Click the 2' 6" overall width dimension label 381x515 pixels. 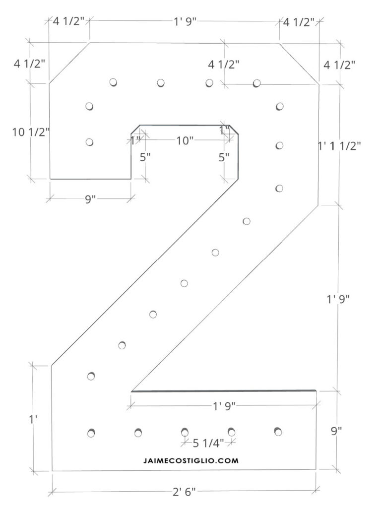[185, 492]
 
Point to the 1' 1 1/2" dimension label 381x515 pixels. [340, 145]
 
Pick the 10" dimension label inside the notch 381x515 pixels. [185, 140]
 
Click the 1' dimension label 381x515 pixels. [33, 419]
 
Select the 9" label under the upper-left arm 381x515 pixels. [90, 199]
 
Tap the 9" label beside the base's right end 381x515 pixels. [337, 431]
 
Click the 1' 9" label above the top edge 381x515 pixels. [184, 22]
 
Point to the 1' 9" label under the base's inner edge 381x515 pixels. [224, 406]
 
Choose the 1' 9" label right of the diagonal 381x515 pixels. [339, 299]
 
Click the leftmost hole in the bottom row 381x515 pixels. [91, 433]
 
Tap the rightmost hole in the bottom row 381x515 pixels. [278, 431]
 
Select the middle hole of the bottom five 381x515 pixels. [185, 432]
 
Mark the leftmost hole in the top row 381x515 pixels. [113, 82]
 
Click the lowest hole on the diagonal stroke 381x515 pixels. [91, 376]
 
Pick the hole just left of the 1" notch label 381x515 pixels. [89, 142]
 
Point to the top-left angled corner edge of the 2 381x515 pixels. [69, 63]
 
